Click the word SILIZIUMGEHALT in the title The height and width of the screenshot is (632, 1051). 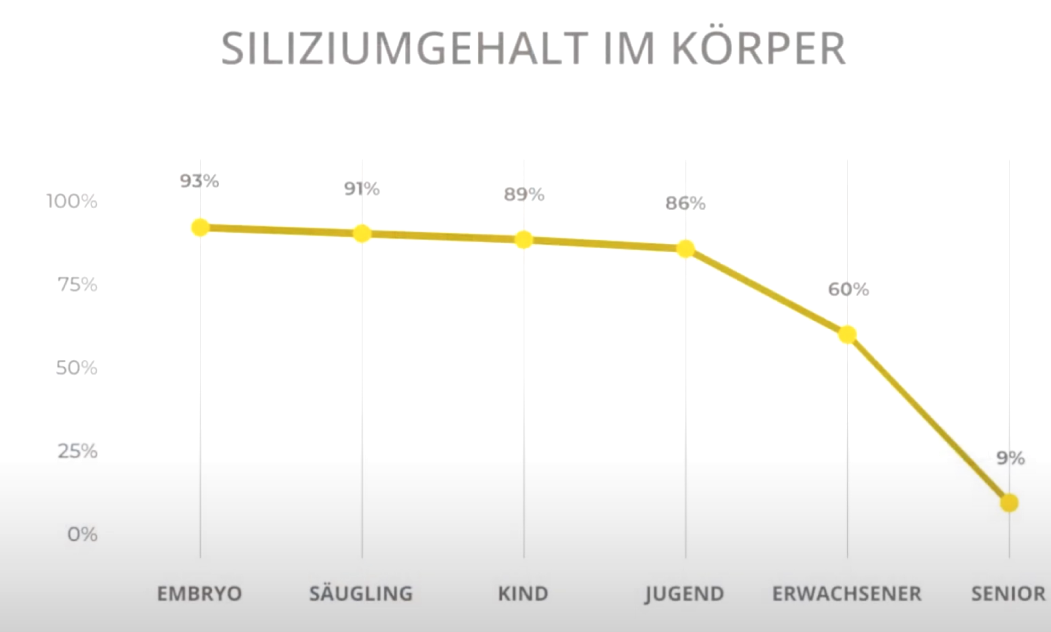(402, 49)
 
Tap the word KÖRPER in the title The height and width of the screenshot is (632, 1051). (758, 49)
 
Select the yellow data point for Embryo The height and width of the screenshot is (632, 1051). (200, 228)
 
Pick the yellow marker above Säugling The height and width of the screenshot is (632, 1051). (362, 233)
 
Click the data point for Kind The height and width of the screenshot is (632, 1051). (524, 240)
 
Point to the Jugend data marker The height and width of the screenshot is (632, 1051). (686, 249)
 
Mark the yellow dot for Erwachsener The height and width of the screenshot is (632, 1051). (847, 335)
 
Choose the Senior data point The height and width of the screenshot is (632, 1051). (1009, 503)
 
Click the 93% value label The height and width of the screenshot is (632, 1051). (199, 181)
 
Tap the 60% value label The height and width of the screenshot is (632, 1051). (848, 290)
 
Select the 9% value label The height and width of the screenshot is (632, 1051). (1010, 458)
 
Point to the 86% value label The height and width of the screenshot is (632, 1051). (686, 204)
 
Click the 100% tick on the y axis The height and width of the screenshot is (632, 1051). (72, 202)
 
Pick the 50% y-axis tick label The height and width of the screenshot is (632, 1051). (77, 368)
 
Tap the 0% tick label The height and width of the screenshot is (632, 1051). (82, 534)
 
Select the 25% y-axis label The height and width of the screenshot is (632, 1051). (78, 452)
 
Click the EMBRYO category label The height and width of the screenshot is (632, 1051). (199, 594)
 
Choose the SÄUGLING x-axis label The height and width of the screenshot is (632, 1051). (361, 594)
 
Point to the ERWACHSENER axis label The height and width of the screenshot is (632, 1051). (847, 594)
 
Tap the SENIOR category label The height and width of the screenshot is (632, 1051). (1008, 594)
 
